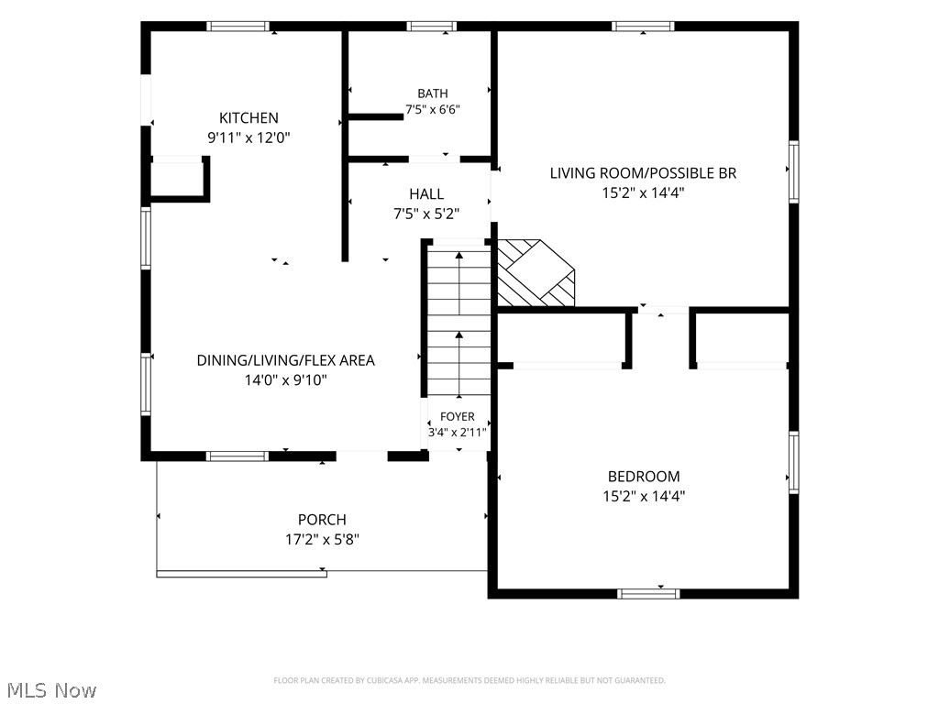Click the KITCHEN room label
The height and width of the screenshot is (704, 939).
click(249, 118)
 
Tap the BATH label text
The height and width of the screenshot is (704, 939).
click(433, 93)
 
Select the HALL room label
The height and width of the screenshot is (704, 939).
click(426, 194)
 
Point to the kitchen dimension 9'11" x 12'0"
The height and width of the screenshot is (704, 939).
click(249, 137)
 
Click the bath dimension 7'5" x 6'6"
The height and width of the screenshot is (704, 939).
click(433, 110)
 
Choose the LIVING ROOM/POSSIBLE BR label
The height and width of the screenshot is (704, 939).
click(643, 173)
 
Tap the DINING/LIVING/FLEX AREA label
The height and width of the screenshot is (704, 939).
click(286, 360)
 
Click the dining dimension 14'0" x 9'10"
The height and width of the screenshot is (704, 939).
click(286, 380)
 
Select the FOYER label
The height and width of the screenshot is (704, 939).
click(457, 417)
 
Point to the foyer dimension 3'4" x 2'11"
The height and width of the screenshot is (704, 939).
click(457, 433)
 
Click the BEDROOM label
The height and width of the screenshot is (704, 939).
click(644, 477)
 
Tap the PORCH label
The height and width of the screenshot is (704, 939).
click(322, 520)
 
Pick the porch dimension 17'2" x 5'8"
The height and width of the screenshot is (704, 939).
click(322, 539)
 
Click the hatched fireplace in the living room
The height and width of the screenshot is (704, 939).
click(536, 273)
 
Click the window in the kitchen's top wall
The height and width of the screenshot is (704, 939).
click(238, 27)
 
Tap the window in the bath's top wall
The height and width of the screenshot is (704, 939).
click(431, 27)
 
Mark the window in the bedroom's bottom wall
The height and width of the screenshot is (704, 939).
click(648, 594)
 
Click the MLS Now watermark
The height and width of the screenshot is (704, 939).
click(51, 690)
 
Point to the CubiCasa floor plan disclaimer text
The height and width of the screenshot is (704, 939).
click(469, 681)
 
